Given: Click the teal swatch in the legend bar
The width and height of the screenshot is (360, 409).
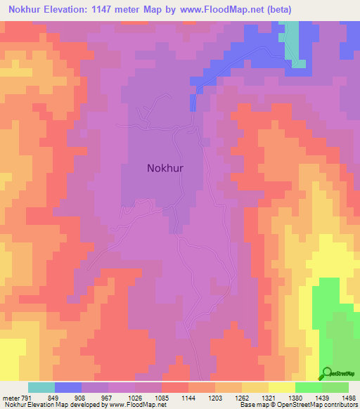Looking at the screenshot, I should (x=41, y=387).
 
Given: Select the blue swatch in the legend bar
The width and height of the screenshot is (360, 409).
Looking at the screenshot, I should (x=68, y=387).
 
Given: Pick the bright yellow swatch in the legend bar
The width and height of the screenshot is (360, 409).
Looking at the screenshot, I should (x=281, y=387).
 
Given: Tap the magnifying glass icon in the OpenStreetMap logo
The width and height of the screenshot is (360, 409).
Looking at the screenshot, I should (x=326, y=372).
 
